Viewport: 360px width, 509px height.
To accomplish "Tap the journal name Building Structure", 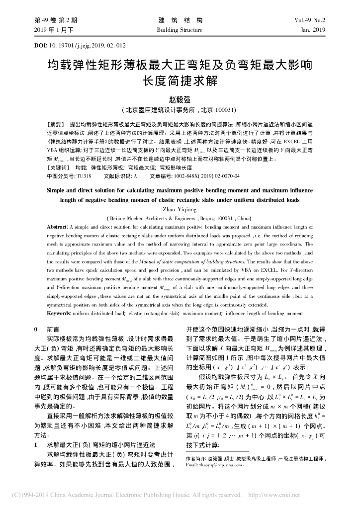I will [x=180, y=30].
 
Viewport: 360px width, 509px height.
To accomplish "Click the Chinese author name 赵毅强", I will [x=180, y=99].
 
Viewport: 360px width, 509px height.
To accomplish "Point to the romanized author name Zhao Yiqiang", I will [x=180, y=210].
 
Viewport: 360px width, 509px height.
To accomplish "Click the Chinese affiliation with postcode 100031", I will [x=180, y=110].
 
